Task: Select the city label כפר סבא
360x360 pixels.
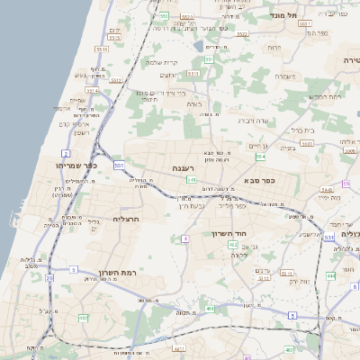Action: [260, 180]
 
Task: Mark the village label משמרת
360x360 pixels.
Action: [285, 76]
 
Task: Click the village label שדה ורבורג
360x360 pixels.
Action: [254, 120]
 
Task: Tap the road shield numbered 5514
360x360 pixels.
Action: [93, 91]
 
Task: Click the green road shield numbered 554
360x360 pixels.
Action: [260, 155]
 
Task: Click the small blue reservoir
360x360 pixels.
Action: [198, 44]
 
